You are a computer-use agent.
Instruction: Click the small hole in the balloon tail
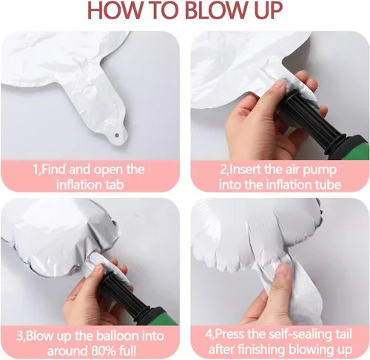[117, 135]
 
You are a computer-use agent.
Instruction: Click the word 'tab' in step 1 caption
[113, 184]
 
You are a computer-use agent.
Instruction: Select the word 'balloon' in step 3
[117, 336]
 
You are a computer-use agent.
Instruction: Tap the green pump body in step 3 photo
[164, 316]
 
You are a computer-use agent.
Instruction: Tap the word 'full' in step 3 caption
[127, 351]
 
